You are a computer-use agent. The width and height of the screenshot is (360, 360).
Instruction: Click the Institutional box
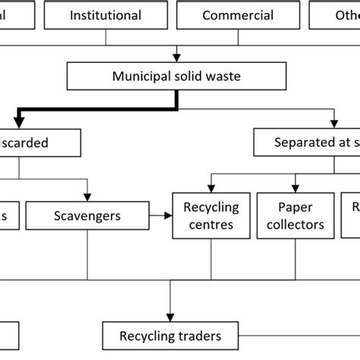[106, 15]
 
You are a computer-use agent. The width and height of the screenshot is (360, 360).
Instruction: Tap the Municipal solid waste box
[177, 77]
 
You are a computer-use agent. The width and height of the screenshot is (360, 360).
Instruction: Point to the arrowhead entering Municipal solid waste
[177, 57]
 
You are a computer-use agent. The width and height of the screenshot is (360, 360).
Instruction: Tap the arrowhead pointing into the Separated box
[334, 123]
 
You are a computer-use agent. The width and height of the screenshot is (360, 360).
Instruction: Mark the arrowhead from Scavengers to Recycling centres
[169, 216]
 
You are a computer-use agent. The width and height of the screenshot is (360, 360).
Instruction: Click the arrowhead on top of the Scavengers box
[89, 197]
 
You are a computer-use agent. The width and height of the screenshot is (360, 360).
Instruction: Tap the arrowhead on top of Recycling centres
[210, 188]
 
